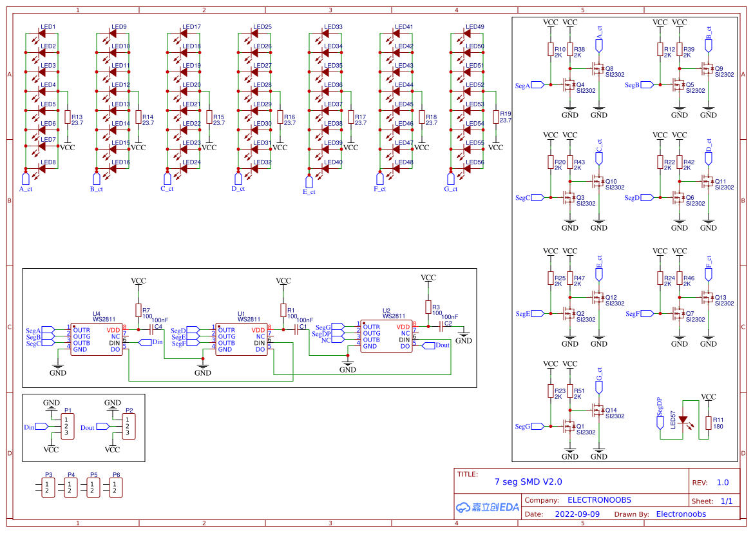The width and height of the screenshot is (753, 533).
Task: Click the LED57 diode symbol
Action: pos(683,420)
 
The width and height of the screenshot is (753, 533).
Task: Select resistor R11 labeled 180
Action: pos(708,423)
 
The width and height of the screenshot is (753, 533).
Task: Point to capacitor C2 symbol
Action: pos(442,327)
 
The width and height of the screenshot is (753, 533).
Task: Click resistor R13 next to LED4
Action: pos(67,117)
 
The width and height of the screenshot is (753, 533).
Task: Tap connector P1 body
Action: pos(66,426)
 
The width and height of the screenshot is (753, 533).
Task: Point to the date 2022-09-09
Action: pos(577,514)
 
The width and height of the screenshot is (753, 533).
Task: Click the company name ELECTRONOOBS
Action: pos(599,500)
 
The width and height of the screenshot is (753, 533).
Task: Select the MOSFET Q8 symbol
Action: pos(598,68)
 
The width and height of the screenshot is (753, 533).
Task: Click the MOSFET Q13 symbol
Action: pos(707,297)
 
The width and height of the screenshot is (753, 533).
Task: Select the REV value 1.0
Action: pos(722,483)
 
